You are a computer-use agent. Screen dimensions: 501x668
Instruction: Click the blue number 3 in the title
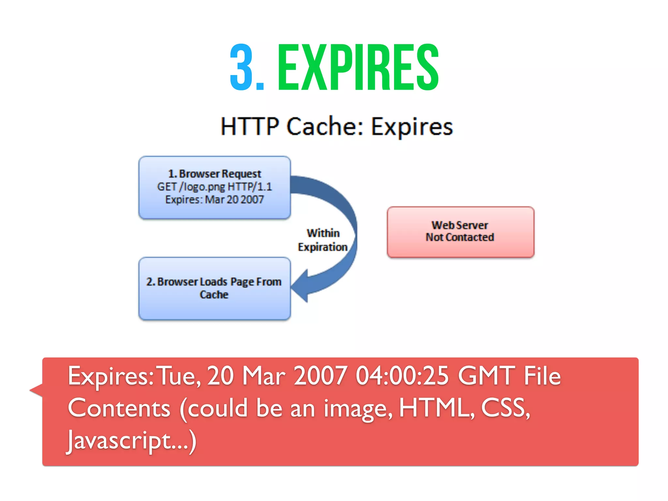tap(242, 68)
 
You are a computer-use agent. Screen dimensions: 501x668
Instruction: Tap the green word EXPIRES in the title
tap(358, 68)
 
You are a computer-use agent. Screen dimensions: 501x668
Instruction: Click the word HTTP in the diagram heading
tap(250, 126)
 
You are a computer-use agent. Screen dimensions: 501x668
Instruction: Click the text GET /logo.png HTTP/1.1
tap(214, 187)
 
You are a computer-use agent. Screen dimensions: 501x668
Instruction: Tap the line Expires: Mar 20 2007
tap(214, 199)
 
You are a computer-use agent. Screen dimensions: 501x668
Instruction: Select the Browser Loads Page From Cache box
tap(214, 288)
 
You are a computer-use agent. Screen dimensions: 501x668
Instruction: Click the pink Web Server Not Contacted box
tap(460, 232)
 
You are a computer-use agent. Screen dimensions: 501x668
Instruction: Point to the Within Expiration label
tap(323, 240)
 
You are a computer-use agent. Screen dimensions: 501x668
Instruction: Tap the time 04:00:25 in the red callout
tap(402, 376)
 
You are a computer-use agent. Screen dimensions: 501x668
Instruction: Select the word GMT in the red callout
tap(486, 376)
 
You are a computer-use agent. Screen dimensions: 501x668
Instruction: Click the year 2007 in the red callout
tap(320, 376)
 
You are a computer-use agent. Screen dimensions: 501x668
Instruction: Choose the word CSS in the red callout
tap(505, 408)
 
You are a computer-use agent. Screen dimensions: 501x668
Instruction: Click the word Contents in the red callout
tap(119, 408)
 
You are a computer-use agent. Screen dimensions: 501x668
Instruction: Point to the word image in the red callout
tap(357, 409)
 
